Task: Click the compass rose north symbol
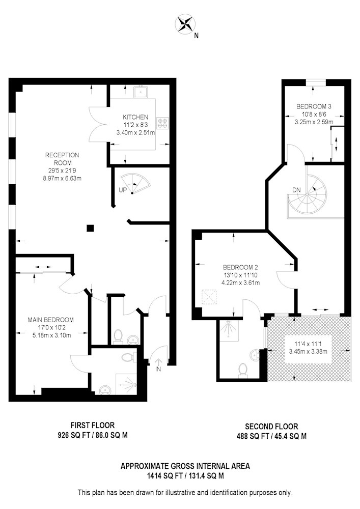184,24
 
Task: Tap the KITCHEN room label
135,117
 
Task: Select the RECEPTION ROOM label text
62,159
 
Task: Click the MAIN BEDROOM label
50,320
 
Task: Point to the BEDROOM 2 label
240,268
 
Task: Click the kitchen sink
141,92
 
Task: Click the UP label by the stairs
122,190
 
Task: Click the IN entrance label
158,369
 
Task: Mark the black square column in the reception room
90,228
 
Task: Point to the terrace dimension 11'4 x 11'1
308,343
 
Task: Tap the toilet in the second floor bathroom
243,371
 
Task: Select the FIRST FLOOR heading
93,425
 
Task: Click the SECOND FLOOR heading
271,427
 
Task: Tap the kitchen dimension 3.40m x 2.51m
135,133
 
